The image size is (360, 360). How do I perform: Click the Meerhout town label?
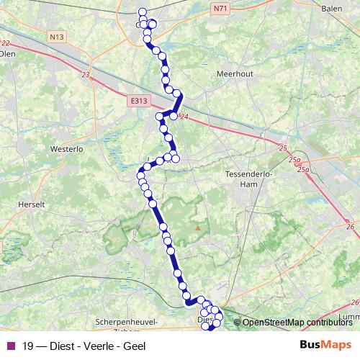coord(235,73)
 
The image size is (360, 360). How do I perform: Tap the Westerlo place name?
coord(67,149)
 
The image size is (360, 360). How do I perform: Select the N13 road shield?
coord(58,37)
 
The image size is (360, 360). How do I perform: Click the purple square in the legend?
coord(11,346)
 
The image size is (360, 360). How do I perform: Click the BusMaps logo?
coord(326,346)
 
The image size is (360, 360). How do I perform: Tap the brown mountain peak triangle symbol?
coord(197,228)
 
